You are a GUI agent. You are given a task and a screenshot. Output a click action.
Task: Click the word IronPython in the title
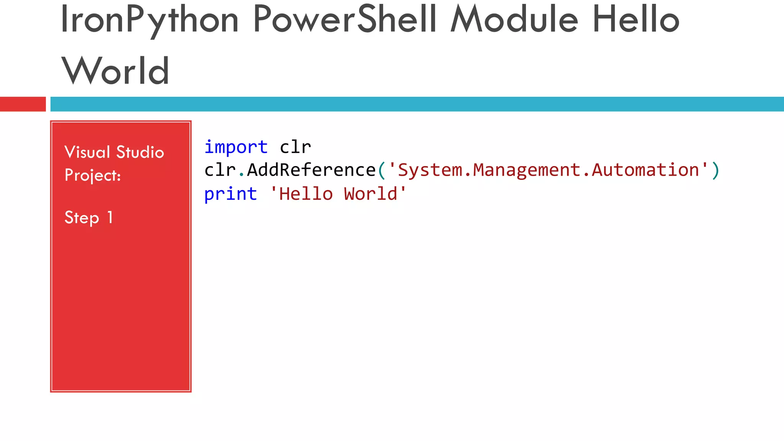pos(149,20)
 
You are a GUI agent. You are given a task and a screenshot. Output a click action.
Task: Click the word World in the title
pos(115,71)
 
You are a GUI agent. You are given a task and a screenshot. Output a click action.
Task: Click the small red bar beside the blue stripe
pos(23,104)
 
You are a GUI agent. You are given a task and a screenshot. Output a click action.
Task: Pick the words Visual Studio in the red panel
pos(114,152)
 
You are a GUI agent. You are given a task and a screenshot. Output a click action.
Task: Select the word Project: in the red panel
pos(93,175)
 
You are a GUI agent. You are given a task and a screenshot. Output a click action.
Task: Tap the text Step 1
pos(88,218)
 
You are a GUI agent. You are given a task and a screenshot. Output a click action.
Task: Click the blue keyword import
pos(236,147)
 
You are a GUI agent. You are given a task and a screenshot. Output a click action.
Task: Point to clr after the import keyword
pos(295,147)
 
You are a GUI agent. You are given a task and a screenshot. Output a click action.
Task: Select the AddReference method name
pos(311,170)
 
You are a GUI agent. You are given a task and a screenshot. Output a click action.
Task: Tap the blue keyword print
pos(230,194)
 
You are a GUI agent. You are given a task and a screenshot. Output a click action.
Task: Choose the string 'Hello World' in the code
pos(338,194)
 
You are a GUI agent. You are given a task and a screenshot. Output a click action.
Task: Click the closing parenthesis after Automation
pos(715,170)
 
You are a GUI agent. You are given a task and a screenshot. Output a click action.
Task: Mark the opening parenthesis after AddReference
pos(381,170)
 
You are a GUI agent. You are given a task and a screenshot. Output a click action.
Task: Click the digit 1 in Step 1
pos(110,218)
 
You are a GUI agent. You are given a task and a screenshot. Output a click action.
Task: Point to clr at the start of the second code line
pos(220,170)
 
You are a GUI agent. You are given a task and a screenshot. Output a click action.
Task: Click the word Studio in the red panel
pos(140,152)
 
